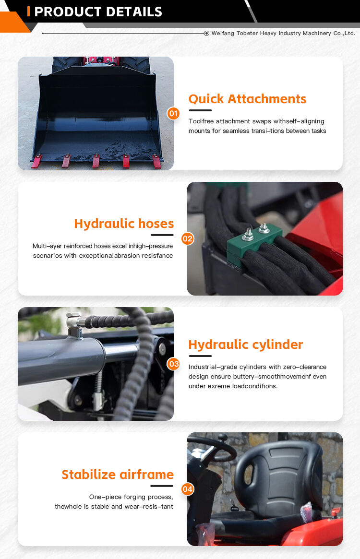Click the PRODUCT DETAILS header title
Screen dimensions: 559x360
click(98, 12)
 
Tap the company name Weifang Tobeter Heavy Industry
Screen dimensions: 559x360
click(283, 33)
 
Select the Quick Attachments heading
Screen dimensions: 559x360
click(247, 99)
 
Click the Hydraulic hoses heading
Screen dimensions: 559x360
click(124, 224)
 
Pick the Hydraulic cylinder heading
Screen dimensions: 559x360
click(246, 345)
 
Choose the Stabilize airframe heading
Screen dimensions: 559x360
click(118, 475)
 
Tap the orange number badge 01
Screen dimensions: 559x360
click(173, 114)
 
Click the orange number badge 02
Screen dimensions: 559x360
click(188, 238)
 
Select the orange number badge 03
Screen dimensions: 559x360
click(173, 364)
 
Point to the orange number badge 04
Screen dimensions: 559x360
click(188, 489)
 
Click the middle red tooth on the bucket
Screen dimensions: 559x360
click(96, 161)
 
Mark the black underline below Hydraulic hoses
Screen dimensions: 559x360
click(162, 235)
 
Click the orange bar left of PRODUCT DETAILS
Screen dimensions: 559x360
click(29, 12)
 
